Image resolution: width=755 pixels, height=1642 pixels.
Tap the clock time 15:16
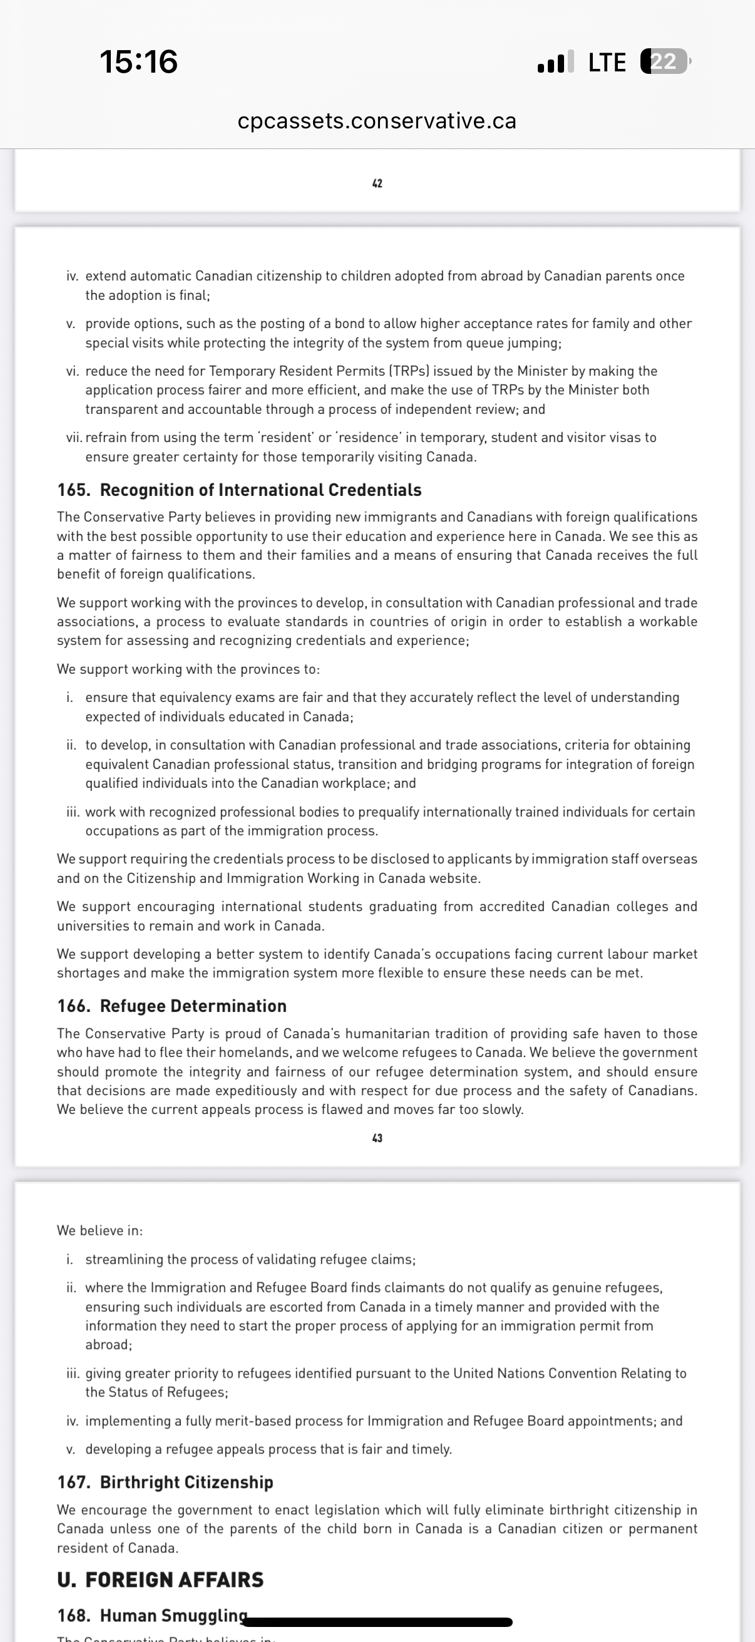[138, 62]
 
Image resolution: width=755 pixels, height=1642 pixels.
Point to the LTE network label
[607, 63]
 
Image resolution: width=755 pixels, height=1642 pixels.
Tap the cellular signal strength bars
[555, 62]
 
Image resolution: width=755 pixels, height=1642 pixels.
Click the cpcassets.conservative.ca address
[376, 120]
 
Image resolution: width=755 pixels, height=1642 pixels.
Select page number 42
[377, 183]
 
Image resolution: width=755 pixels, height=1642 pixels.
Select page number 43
[377, 1138]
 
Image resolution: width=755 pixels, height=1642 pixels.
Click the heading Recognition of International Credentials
[260, 490]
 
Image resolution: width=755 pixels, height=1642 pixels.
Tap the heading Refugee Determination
[193, 1006]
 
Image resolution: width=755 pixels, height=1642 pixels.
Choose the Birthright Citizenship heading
[186, 1482]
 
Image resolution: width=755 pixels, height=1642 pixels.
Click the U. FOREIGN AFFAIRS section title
[160, 1579]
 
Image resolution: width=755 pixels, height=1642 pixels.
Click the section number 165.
[73, 490]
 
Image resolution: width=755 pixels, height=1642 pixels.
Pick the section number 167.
[73, 1482]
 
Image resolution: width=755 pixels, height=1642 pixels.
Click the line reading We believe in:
[100, 1230]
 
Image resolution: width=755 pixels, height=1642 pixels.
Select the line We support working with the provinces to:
[188, 669]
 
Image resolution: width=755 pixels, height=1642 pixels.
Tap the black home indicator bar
[380, 1621]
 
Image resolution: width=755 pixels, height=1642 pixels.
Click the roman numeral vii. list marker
[74, 437]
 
